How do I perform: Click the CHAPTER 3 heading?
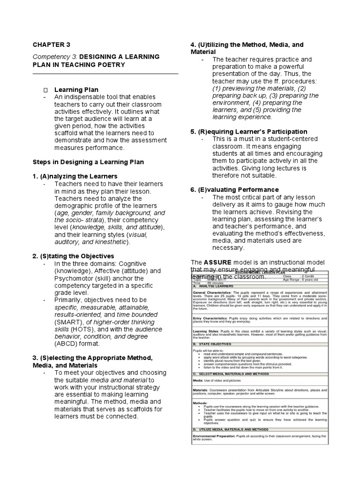[51, 45]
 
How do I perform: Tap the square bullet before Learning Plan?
[45, 90]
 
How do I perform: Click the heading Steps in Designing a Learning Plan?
[88, 162]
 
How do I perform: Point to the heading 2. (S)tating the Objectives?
[73, 256]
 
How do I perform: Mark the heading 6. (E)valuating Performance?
[234, 189]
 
